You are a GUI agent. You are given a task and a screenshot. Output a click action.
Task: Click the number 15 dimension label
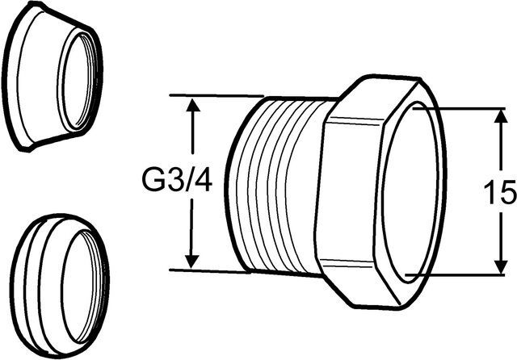(x=500, y=193)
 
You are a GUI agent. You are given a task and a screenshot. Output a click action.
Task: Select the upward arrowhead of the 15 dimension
(x=501, y=118)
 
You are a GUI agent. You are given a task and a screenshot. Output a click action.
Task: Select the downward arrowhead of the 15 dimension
(x=501, y=266)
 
